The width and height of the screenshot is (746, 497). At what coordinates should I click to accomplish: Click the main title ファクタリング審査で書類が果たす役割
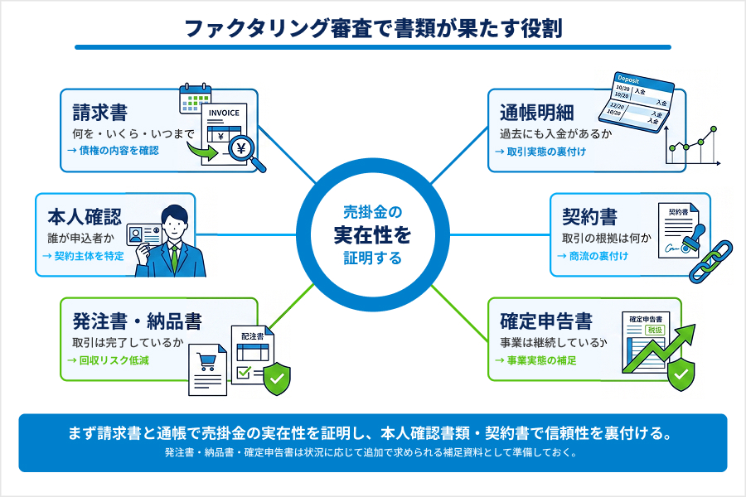pos(373,29)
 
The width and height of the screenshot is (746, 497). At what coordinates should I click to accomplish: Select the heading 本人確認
pos(85,216)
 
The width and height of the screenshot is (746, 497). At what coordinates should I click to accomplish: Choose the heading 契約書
pos(589,217)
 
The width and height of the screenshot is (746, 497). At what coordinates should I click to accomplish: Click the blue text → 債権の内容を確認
pos(113,151)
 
